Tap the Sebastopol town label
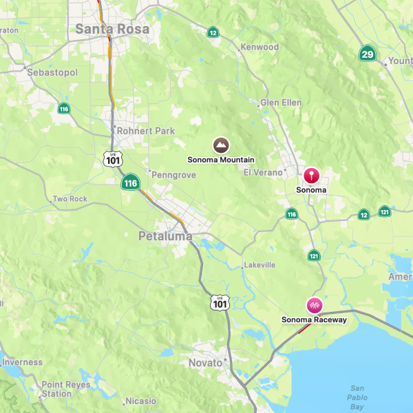coord(52,72)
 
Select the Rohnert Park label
coord(146,131)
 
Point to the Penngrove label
coord(173,175)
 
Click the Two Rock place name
coord(70,199)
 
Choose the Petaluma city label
coord(165,236)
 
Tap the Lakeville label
coord(260,265)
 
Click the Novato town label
coord(206,363)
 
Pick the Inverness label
coord(22,362)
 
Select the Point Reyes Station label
coord(65,390)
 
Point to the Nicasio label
coord(141,401)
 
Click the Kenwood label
coord(259,47)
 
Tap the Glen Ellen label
coord(281,103)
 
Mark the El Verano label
coord(263,172)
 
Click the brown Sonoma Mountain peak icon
coord(221,145)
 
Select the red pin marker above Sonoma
coord(312,175)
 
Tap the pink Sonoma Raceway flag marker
coord(314,305)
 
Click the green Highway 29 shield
coord(368,54)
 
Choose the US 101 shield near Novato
coord(220,302)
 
